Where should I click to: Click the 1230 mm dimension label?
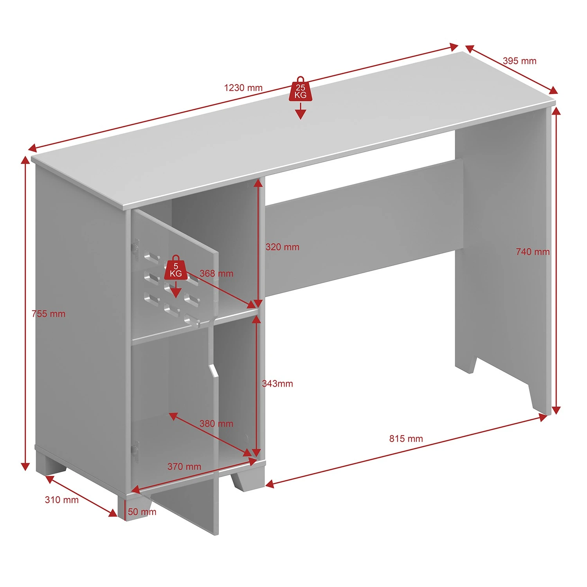(x=243, y=88)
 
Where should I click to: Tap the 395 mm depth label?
(x=519, y=61)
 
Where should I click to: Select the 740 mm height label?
(x=532, y=252)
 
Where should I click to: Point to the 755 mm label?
(x=49, y=313)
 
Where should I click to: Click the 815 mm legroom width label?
(x=406, y=438)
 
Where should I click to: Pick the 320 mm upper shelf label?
(x=282, y=247)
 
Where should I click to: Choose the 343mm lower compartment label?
(x=277, y=384)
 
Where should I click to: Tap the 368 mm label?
(x=216, y=274)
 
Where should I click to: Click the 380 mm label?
(x=216, y=423)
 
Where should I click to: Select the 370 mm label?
(x=184, y=466)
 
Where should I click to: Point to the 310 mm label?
(x=61, y=500)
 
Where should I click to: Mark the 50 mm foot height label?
(x=142, y=512)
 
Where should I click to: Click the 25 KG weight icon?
(x=301, y=90)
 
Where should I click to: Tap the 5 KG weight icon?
(x=176, y=268)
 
